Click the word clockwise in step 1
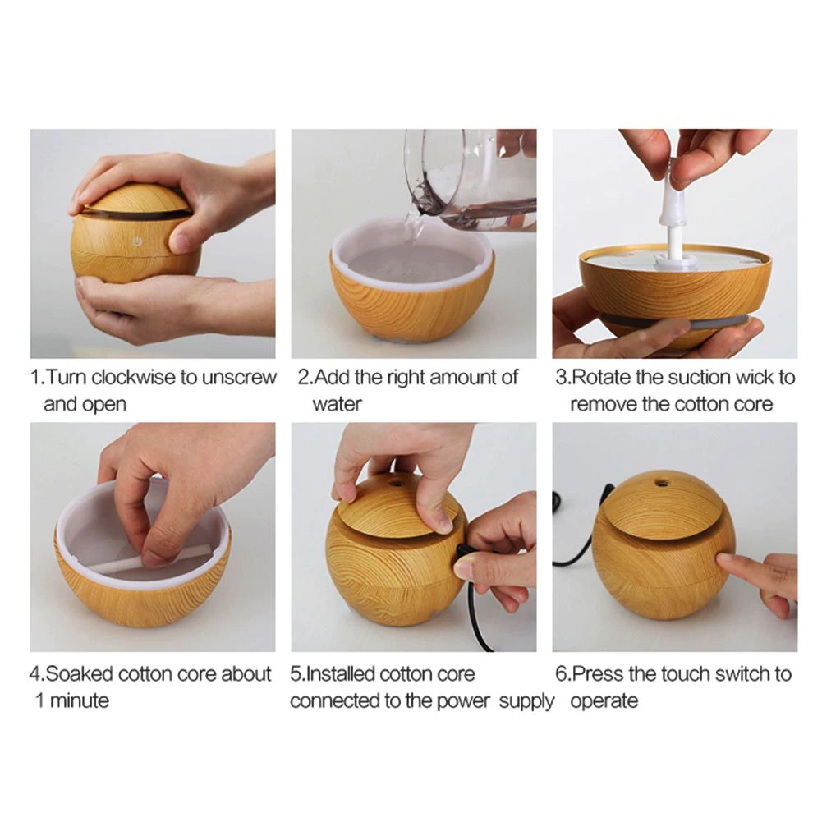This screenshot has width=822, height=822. [x=134, y=378]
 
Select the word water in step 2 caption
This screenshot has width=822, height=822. [x=337, y=404]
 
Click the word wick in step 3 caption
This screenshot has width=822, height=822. [x=758, y=378]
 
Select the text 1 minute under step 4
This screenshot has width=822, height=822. [x=71, y=700]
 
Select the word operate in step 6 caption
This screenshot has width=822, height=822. [x=604, y=700]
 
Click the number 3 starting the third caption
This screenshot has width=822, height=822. [x=561, y=378]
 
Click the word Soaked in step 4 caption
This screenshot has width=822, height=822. [x=80, y=674]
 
